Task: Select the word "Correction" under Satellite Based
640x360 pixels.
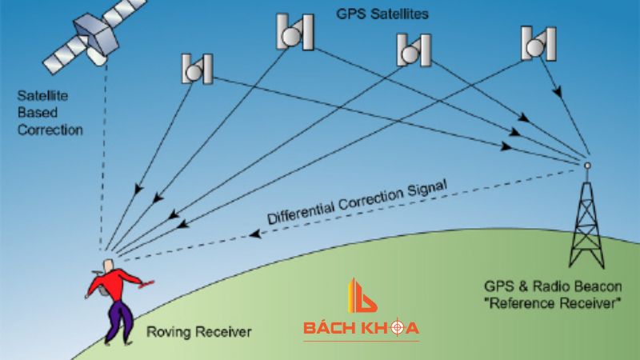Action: coord(50,129)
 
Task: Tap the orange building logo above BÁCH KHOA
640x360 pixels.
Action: coord(360,298)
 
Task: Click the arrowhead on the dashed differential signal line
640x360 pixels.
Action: coord(254,234)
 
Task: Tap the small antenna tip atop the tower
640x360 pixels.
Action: coord(586,166)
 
